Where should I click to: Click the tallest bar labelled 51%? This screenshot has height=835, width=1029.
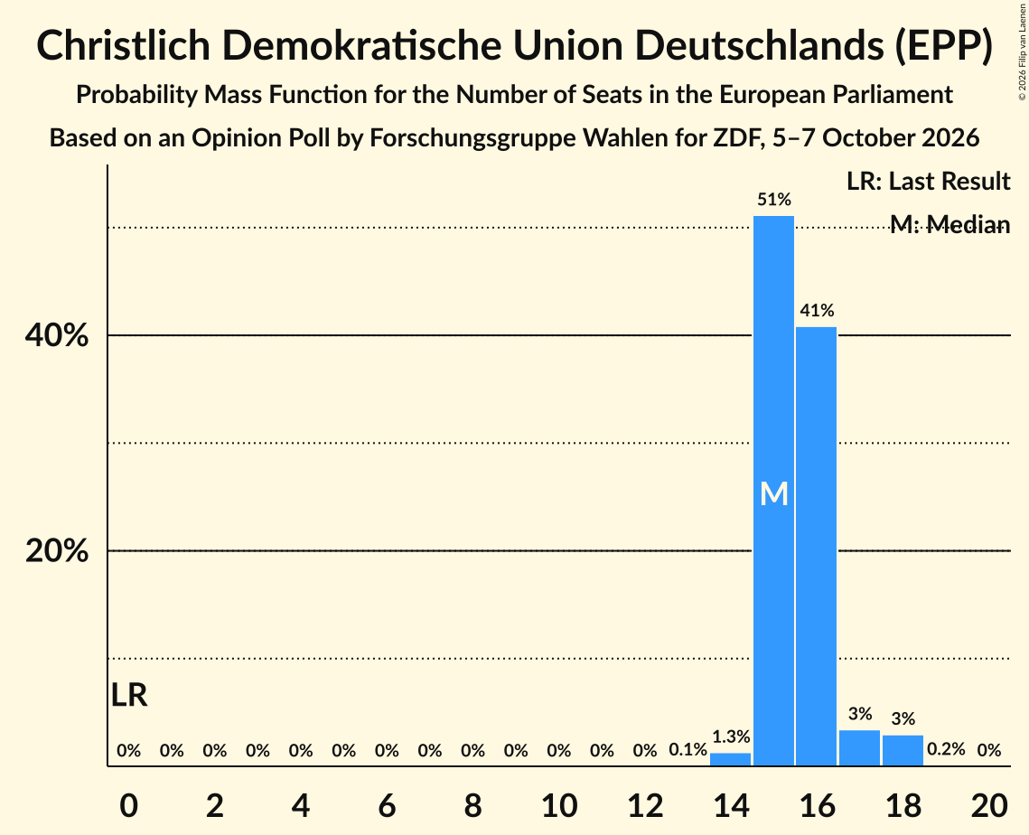(773, 491)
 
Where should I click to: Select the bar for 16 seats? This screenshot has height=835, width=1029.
(817, 546)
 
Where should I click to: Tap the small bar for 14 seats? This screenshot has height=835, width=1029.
(730, 759)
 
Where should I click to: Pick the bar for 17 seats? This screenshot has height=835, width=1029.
(860, 747)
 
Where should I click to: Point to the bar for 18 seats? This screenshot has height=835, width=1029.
(903, 750)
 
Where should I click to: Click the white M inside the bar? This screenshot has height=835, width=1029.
(773, 493)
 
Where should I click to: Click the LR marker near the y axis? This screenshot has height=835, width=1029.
(129, 695)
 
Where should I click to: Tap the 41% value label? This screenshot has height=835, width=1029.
(817, 310)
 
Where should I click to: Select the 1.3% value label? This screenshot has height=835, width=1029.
(730, 736)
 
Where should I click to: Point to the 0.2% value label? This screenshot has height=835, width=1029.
(946, 749)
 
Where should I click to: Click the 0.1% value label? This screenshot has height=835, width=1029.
(688, 749)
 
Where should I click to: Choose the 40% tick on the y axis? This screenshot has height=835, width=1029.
(56, 335)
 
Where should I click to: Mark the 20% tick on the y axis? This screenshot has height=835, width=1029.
(56, 550)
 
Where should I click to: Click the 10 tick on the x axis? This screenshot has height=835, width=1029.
(559, 805)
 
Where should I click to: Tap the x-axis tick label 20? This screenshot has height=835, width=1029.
(989, 805)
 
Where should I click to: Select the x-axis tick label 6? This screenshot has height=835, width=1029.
(388, 805)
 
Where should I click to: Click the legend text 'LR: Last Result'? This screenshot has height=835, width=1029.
(928, 181)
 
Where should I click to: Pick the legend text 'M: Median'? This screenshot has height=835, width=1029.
(950, 224)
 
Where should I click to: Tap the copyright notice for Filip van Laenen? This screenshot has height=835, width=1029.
(1022, 52)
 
